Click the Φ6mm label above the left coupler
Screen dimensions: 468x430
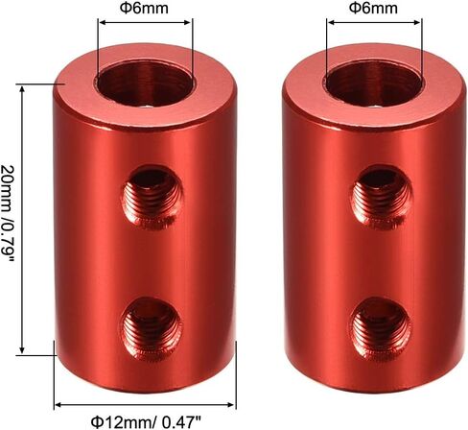coord(144,8)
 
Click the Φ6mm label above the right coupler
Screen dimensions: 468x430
coord(373,8)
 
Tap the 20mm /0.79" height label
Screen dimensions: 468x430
coord(8,214)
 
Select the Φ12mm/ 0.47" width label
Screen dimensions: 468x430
coord(146,422)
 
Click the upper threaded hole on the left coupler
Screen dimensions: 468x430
coord(152,198)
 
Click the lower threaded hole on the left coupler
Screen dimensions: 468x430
coord(152,328)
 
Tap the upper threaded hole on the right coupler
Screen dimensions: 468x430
coord(382,198)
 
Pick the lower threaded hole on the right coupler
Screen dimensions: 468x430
coord(381,328)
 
